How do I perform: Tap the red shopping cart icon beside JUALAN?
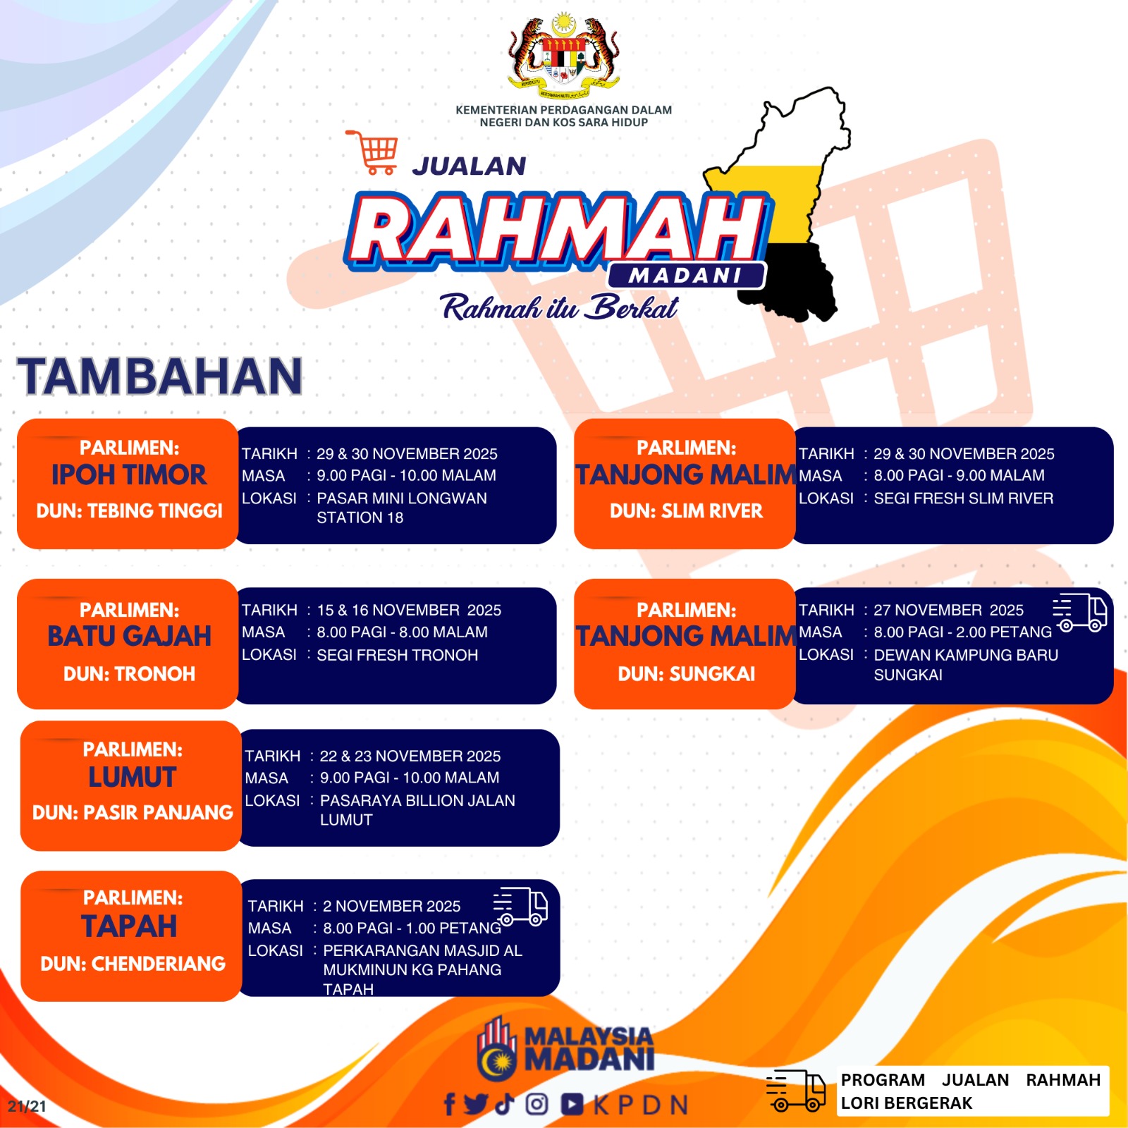click(372, 152)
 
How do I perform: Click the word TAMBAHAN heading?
click(161, 376)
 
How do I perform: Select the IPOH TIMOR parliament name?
click(129, 474)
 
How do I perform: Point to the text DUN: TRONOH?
click(129, 674)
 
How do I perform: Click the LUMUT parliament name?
click(133, 777)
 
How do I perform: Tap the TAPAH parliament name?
click(129, 926)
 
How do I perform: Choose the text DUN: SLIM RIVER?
click(686, 511)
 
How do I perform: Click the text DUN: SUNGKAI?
click(686, 674)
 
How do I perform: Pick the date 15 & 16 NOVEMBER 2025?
click(409, 610)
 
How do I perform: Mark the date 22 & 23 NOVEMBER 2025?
click(410, 756)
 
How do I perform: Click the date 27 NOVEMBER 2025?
click(948, 610)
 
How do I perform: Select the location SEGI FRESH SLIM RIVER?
click(964, 498)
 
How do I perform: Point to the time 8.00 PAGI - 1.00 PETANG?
click(412, 928)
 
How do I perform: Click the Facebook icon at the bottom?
click(449, 1104)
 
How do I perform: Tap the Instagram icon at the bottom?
click(537, 1104)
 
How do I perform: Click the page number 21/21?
click(27, 1106)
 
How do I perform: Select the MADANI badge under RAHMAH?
click(686, 276)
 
